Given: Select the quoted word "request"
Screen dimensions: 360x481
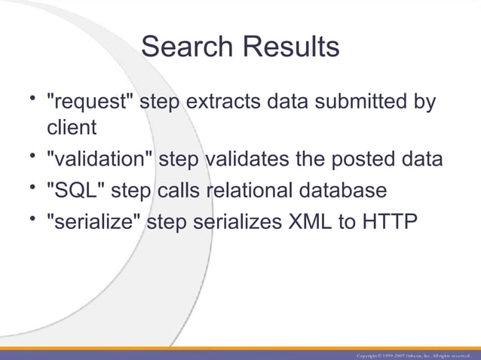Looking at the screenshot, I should [91, 102].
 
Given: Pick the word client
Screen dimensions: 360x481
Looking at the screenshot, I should [72, 127].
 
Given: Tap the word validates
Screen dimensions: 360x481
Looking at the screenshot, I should [252, 160].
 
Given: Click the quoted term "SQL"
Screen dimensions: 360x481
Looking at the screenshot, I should [75, 191].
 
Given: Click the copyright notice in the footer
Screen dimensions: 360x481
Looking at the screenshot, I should [413, 355].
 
